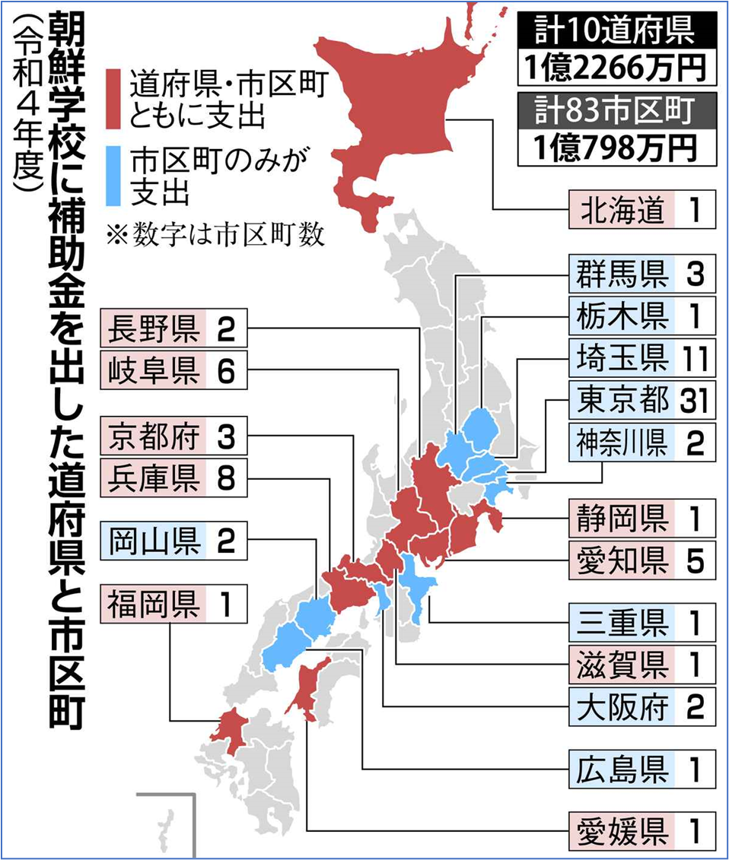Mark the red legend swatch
tap(113, 99)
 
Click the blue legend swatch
tap(113, 176)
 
